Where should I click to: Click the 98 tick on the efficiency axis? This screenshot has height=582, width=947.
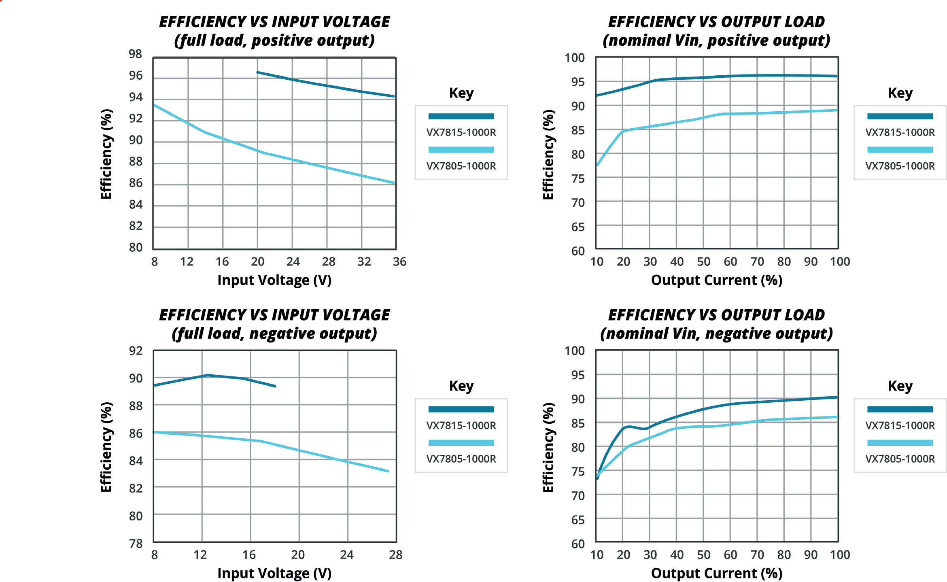coord(136,54)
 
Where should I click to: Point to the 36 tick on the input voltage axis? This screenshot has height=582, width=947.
coord(399,261)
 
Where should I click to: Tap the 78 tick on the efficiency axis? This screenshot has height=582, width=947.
coord(136,544)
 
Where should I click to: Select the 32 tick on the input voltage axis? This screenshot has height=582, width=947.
coord(364,261)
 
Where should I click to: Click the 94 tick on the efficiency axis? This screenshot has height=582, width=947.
coord(136,97)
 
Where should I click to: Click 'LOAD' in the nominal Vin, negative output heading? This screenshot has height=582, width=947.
coord(804,315)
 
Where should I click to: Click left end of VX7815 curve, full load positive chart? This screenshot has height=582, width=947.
coord(258,72)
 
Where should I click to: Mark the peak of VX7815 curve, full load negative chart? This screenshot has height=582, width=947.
coord(208,375)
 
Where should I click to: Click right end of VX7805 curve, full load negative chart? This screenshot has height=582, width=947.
coord(388,471)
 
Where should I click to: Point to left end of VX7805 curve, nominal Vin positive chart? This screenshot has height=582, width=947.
coord(598,165)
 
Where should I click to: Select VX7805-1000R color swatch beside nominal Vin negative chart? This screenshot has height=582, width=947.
coord(900,443)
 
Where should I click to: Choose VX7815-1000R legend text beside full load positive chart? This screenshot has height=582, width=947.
coord(461,132)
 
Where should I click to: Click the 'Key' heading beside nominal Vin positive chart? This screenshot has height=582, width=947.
coord(900,93)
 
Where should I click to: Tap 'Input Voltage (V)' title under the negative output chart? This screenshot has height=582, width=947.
coord(274,573)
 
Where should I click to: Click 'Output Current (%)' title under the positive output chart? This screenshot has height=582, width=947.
coord(716,280)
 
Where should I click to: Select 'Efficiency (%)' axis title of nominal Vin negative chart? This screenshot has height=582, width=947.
coord(548,447)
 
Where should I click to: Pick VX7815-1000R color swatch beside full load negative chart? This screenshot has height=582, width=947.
coord(461,409)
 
